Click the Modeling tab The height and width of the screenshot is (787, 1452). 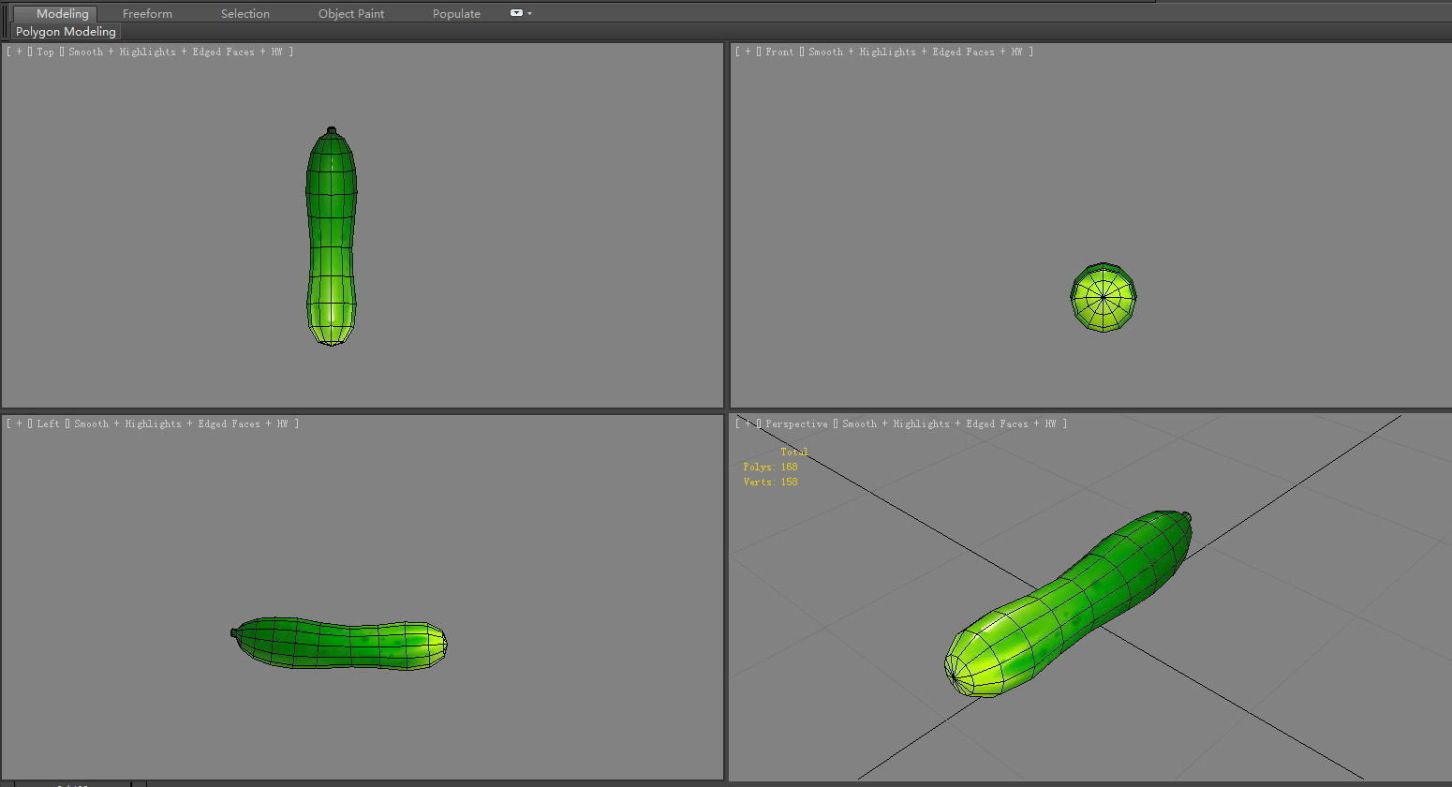pos(62,13)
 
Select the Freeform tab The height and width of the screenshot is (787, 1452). pos(147,13)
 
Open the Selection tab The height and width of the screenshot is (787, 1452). pos(244,13)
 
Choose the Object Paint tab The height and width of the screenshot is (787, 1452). pos(350,13)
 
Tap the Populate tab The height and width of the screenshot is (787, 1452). pos(456,13)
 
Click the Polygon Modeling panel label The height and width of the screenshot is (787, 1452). pos(66,32)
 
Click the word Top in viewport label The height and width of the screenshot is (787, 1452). pos(45,52)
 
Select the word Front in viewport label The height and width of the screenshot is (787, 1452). pos(778,52)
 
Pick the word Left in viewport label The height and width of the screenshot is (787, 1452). pos(48,424)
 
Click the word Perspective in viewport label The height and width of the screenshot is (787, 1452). pos(796,424)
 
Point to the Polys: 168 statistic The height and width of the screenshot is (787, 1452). pos(770,467)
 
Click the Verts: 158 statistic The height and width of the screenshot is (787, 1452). pos(770,482)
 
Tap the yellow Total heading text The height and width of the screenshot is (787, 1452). pos(793,452)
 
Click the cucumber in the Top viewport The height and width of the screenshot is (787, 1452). pos(331,239)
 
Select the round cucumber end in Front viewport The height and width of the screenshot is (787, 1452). pos(1104,297)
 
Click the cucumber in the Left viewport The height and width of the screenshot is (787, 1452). pos(339,643)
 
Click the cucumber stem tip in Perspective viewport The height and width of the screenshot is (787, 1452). pos(1187,516)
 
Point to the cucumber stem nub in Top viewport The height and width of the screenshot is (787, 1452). pos(331,131)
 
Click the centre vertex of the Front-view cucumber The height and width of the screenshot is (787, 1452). pos(1104,298)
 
